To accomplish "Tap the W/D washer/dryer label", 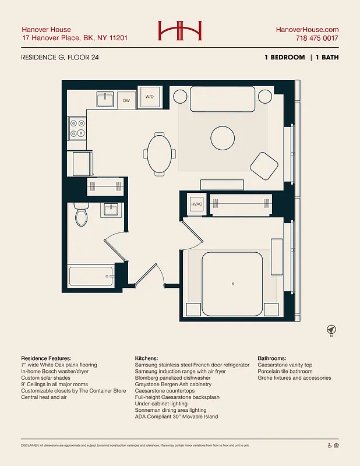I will coord(150,97).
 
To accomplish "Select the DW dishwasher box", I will coord(126,100).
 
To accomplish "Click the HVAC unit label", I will coord(196,204).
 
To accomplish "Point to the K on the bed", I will coord(232,284).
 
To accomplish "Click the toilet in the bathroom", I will coord(82,216).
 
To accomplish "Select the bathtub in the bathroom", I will coord(91,276).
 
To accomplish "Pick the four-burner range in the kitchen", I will coord(77,128).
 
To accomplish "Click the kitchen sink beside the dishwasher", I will coord(105,100).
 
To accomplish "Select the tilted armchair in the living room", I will coord(264,166).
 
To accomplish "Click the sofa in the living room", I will coord(223,98).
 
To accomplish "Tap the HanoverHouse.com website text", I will coord(307,29).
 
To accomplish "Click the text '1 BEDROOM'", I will coord(284,57).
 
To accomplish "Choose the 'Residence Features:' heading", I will coord(46,358).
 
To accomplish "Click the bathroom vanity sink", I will coord(111,209).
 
